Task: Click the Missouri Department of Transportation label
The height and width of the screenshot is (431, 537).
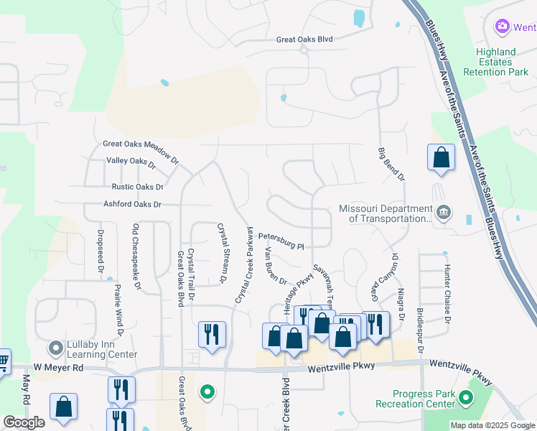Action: point(386,214)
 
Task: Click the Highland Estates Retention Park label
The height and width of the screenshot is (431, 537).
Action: point(496,62)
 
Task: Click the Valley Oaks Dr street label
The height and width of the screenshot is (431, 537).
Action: point(131,163)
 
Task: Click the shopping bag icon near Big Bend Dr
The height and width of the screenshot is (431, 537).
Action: point(441,158)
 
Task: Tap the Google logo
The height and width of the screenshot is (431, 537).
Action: point(24,422)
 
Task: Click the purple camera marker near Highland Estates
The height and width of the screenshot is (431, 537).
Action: point(503,27)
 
